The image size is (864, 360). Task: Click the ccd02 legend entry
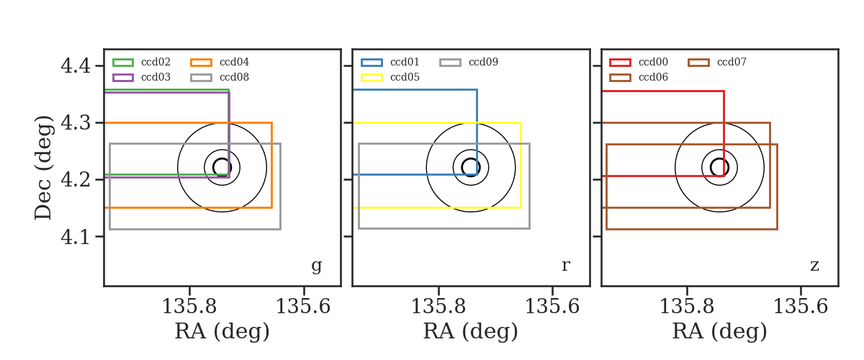[156, 62]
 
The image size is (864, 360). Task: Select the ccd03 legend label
[156, 77]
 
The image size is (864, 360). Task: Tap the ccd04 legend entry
[234, 62]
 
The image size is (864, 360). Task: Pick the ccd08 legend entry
[234, 77]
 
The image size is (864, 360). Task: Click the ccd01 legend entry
[405, 62]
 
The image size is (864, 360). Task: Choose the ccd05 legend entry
[405, 77]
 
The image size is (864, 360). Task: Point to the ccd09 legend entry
[483, 62]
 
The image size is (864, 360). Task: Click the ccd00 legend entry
[653, 62]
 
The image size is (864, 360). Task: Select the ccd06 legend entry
[653, 77]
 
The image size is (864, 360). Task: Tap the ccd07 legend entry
[732, 62]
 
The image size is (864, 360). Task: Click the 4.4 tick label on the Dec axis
[76, 66]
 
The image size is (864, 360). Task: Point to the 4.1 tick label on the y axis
[76, 237]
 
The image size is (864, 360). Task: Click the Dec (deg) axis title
[42, 168]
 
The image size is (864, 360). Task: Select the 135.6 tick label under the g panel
[303, 307]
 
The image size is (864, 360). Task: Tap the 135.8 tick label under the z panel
[687, 307]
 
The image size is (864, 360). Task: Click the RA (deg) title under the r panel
[471, 331]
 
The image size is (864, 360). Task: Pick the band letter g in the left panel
[316, 266]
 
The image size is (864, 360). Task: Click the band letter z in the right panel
[814, 266]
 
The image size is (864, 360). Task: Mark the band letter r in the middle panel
[565, 266]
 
